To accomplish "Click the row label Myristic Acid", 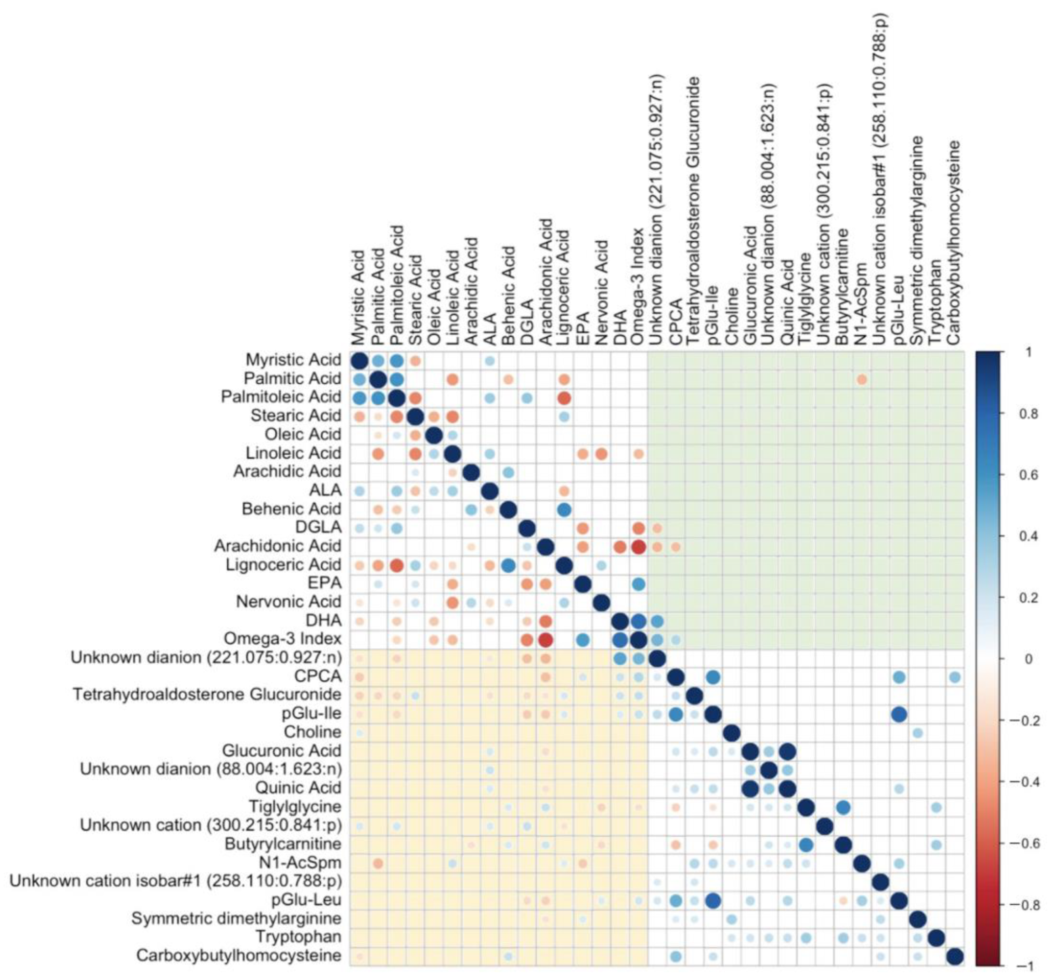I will [x=293, y=360].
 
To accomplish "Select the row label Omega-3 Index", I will [x=282, y=639].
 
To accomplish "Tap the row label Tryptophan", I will [x=298, y=937].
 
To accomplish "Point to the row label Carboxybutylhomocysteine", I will [x=239, y=955].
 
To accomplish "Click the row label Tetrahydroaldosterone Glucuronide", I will [x=207, y=695].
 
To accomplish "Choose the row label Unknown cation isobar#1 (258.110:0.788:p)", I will [x=175, y=881].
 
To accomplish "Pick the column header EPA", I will [x=582, y=330].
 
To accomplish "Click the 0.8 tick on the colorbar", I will [x=1027, y=414].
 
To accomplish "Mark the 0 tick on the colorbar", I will [x=1028, y=659].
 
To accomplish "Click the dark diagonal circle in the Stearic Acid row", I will [x=415, y=416].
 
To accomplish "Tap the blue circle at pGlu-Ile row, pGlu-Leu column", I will [x=899, y=714].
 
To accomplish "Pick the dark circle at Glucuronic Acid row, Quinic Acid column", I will [x=787, y=751].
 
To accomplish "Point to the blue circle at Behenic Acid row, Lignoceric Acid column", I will [x=564, y=510].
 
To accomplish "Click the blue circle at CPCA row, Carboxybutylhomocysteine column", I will [x=955, y=677].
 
